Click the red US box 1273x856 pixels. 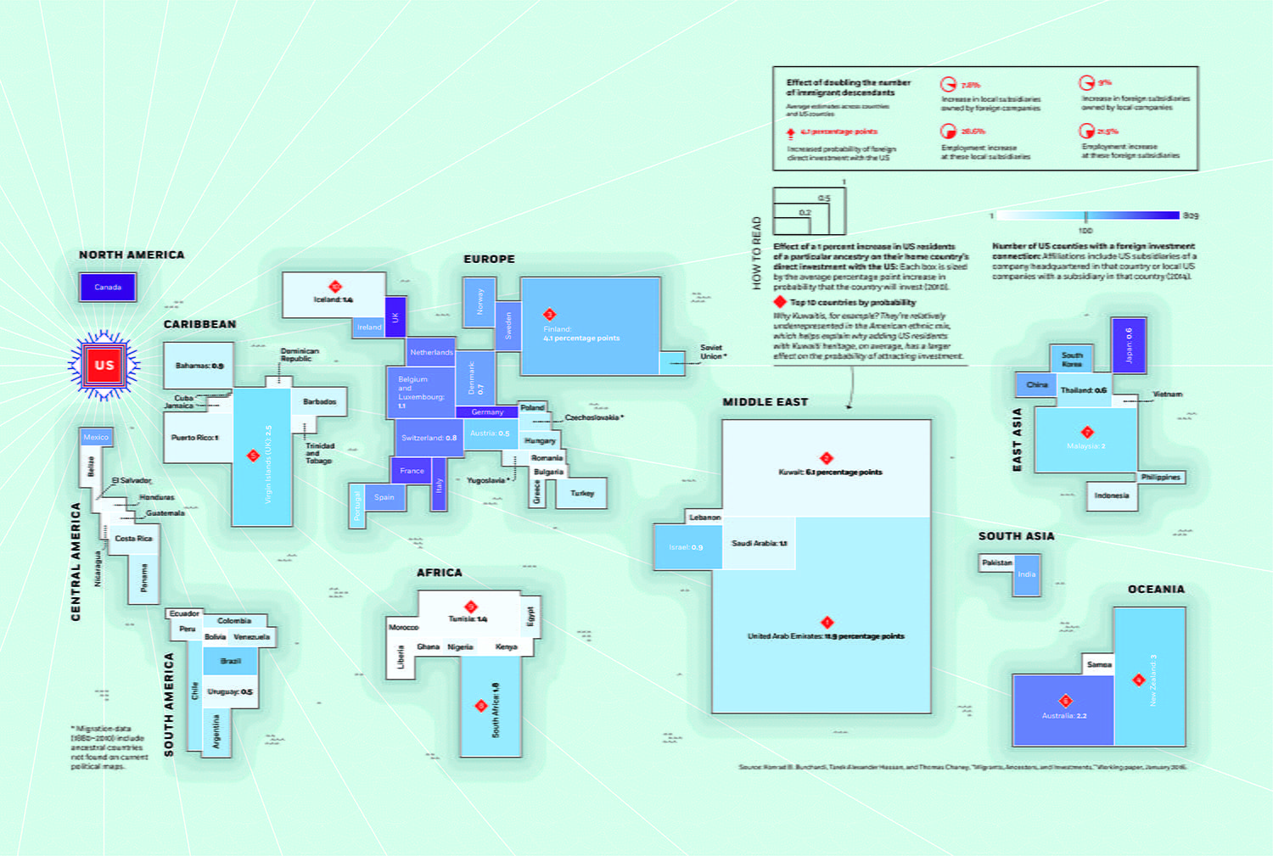click(x=104, y=365)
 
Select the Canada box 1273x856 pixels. click(x=108, y=287)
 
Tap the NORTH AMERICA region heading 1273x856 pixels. click(x=132, y=255)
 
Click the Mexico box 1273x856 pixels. click(x=96, y=437)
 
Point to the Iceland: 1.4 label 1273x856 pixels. click(x=333, y=299)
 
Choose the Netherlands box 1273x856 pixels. click(x=431, y=352)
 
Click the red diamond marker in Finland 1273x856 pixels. click(x=549, y=314)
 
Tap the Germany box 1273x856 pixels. click(x=487, y=411)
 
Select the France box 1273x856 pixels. click(x=412, y=471)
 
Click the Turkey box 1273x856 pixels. click(x=582, y=494)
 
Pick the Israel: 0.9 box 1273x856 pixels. click(x=685, y=547)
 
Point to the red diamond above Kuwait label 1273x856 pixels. click(x=826, y=458)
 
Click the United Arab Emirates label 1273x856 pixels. click(x=825, y=636)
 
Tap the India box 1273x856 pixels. click(x=1027, y=575)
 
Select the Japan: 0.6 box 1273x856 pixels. click(x=1129, y=345)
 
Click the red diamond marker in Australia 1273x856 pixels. click(x=1065, y=701)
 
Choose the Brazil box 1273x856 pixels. click(x=230, y=661)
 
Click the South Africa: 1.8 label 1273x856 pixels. click(x=496, y=709)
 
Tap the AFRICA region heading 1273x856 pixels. click(x=440, y=573)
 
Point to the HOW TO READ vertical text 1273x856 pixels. click(x=757, y=253)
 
